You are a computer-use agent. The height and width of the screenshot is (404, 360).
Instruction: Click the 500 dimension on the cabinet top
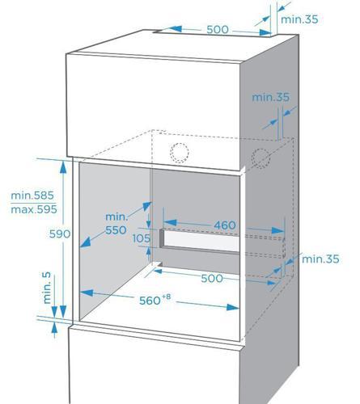[218, 29]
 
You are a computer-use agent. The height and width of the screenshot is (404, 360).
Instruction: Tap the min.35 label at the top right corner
[299, 19]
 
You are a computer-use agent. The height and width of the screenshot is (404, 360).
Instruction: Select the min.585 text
[32, 196]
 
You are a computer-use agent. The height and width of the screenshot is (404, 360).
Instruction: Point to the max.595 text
[34, 209]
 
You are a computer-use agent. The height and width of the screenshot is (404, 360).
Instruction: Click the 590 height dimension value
[60, 234]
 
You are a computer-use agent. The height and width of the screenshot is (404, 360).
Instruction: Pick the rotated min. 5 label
[47, 288]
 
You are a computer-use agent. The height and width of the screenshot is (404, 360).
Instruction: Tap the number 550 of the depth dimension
[116, 230]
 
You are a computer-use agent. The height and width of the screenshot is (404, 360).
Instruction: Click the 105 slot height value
[142, 238]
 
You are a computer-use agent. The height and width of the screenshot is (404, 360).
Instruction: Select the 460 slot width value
[225, 225]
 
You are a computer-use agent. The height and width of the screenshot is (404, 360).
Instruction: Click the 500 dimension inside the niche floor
[212, 278]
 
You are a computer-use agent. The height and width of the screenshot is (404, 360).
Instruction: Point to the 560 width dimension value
[150, 301]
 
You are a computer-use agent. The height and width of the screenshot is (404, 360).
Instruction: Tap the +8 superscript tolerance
[166, 297]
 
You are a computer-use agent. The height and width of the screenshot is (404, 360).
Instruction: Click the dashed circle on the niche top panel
[180, 153]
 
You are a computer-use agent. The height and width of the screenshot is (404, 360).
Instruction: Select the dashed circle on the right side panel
[260, 158]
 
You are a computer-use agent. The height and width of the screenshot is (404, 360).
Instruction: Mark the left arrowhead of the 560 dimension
[87, 292]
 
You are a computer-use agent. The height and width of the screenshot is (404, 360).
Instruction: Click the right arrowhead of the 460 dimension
[277, 230]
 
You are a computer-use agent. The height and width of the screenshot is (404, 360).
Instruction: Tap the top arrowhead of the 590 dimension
[63, 166]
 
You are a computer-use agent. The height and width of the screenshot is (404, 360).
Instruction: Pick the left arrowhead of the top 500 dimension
[176, 28]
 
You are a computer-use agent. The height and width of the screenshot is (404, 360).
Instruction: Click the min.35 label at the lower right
[320, 259]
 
